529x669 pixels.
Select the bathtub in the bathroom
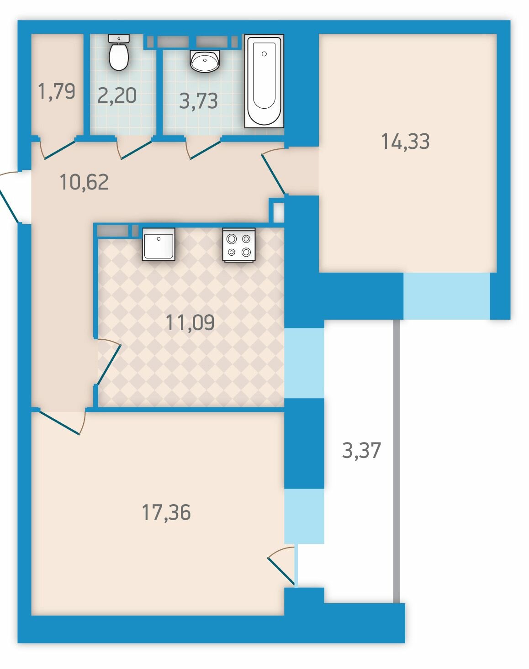tap(264, 81)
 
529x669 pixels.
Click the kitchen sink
tap(159, 244)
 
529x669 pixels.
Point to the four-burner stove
tap(239, 245)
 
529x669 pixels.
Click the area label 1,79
tap(56, 92)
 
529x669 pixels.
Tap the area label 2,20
tap(117, 95)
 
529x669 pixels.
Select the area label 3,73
tap(198, 101)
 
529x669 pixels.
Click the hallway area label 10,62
tap(84, 182)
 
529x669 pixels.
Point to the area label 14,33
tap(405, 142)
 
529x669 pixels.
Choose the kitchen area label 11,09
tap(190, 322)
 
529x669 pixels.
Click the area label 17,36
tap(166, 513)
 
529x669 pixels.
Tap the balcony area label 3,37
tap(361, 450)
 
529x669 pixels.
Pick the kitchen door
tap(108, 362)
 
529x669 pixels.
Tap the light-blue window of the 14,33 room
tap(447, 295)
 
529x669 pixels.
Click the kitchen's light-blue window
tap(304, 363)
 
